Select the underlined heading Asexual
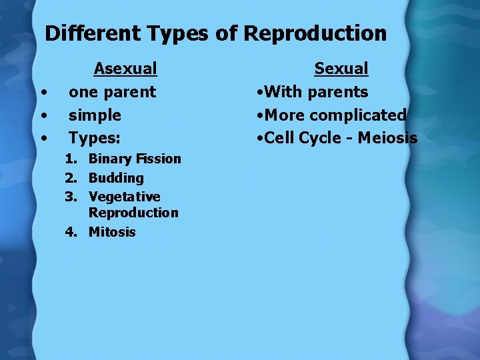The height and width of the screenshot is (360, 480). point(125,69)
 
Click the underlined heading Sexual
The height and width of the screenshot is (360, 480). point(341,69)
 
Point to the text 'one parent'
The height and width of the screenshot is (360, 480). point(112,92)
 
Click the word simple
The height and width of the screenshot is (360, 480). point(95,115)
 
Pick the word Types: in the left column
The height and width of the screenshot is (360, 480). point(95,139)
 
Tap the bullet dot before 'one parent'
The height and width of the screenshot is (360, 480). point(43,93)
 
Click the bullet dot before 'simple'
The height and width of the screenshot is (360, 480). point(43,116)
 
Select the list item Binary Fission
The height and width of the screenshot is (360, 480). point(135,159)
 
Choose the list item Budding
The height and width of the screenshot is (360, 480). point(116,178)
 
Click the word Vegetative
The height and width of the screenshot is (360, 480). point(124,197)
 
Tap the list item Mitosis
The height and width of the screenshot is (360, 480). point(112,232)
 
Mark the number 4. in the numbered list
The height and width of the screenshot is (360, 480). point(71,232)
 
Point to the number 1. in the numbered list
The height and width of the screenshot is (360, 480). point(71,159)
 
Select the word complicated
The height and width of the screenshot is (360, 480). point(357,115)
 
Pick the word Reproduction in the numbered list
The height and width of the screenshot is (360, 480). point(133,213)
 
